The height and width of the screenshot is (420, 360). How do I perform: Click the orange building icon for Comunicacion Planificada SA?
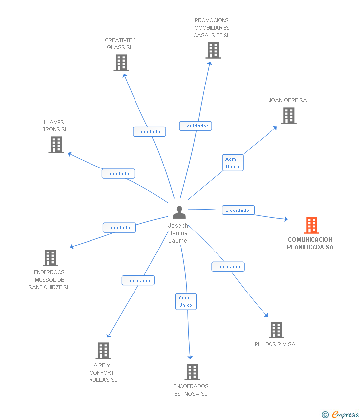tap(311, 225)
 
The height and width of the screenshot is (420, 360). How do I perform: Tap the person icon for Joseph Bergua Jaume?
tap(179, 212)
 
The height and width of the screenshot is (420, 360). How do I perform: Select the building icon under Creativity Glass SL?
tap(121, 63)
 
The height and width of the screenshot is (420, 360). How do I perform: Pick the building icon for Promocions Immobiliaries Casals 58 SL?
tap(213, 50)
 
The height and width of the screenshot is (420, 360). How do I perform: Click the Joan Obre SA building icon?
tap(289, 116)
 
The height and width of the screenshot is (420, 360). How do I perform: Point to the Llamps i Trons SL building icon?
tap(56, 145)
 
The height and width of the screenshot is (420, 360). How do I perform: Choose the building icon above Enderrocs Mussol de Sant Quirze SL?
tap(50, 258)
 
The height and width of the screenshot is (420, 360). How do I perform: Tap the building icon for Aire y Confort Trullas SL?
tap(103, 351)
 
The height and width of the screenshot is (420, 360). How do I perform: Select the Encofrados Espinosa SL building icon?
tap(192, 372)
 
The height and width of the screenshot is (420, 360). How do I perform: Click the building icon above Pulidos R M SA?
tap(276, 330)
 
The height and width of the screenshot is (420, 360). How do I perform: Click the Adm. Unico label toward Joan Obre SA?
tap(232, 163)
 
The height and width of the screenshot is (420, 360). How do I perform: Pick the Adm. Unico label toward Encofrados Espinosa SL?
tap(185, 301)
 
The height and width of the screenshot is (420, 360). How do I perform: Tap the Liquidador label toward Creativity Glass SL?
tap(149, 132)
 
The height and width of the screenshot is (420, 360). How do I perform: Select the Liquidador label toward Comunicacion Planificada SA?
tap(238, 210)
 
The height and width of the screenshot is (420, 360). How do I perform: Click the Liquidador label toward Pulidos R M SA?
tap(228, 267)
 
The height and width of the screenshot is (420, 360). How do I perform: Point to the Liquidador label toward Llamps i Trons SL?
tap(118, 174)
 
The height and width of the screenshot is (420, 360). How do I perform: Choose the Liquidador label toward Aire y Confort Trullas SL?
tap(138, 281)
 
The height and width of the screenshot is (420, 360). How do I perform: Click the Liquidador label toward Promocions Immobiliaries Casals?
tap(195, 126)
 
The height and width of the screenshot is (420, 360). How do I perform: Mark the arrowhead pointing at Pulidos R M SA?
tap(266, 315)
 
